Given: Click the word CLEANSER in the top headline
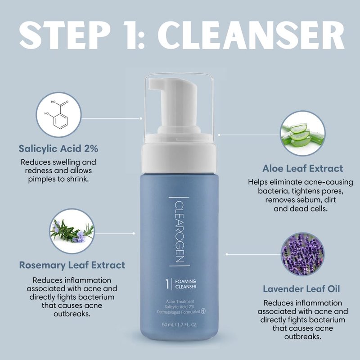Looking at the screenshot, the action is pyautogui.click(x=251, y=35).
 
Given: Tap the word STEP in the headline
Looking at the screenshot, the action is pyautogui.click(x=65, y=35).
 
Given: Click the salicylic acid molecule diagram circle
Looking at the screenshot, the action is pyautogui.click(x=58, y=115).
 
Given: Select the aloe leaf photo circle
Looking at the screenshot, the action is pyautogui.click(x=302, y=133).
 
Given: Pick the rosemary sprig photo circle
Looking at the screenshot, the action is pyautogui.click(x=72, y=231).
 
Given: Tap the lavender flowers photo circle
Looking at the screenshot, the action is pyautogui.click(x=302, y=254).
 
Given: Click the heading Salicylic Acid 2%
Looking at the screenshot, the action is pyautogui.click(x=58, y=148).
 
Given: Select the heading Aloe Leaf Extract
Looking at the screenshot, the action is pyautogui.click(x=302, y=168).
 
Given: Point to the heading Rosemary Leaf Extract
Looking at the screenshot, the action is pyautogui.click(x=72, y=265).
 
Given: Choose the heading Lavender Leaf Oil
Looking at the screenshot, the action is pyautogui.click(x=301, y=289).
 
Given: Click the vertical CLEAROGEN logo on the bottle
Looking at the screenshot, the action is pyautogui.click(x=179, y=231).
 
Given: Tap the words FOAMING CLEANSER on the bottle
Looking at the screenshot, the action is pyautogui.click(x=186, y=284).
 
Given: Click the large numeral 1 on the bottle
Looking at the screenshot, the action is pyautogui.click(x=167, y=284).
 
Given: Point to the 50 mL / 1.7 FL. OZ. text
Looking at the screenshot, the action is pyautogui.click(x=180, y=324).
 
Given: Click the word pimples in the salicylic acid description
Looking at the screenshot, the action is pyautogui.click(x=41, y=179).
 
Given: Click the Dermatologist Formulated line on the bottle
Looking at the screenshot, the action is pyautogui.click(x=179, y=312).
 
